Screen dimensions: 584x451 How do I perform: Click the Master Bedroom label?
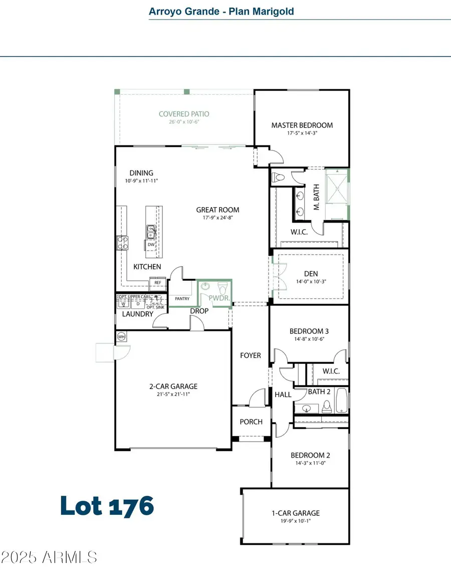tap(302, 125)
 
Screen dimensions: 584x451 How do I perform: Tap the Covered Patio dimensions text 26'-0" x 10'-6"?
tap(184, 122)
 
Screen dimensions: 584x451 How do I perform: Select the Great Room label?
tap(217, 210)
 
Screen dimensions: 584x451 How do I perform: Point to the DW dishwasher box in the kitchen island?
tap(151, 245)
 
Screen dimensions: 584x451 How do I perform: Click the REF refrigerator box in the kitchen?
tap(158, 283)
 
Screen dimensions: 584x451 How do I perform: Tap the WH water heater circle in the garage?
tap(121, 337)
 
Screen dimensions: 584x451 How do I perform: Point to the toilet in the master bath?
tap(279, 177)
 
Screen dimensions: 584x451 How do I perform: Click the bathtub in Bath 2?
tap(341, 402)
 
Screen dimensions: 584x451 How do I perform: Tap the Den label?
tap(311, 274)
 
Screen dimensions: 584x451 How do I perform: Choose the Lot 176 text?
tap(107, 506)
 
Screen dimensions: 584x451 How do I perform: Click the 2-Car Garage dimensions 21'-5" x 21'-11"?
tap(173, 395)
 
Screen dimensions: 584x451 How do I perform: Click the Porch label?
tap(251, 422)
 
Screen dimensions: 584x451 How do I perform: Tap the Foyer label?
tap(251, 355)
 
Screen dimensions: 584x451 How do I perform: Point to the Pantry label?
tap(181, 299)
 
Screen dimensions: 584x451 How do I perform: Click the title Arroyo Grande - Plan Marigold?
tap(221, 11)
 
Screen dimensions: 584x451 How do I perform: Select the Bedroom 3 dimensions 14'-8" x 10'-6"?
tap(309, 339)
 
